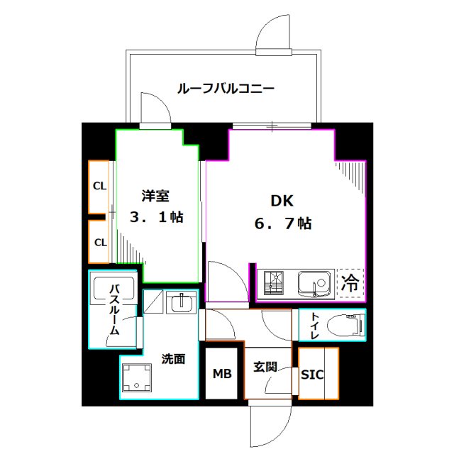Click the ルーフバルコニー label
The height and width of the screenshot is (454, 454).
(225, 89)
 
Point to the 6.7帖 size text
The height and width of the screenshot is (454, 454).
(283, 223)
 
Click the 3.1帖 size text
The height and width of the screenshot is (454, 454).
(156, 218)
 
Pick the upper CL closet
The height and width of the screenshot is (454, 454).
(100, 187)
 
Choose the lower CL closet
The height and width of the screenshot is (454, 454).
(100, 242)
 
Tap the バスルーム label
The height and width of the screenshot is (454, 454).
(113, 309)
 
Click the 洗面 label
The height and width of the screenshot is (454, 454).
(173, 359)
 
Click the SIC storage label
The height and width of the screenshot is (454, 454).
(312, 374)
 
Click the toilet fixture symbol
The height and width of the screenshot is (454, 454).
(349, 325)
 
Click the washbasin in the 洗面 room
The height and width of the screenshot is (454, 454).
(182, 303)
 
